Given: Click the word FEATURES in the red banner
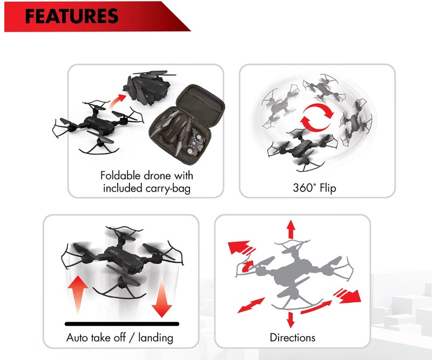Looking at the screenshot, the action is coord(72,16).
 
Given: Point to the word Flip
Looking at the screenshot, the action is coord(328,188).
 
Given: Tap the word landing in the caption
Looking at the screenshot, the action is coord(156,338).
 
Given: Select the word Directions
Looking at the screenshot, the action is coord(292,338).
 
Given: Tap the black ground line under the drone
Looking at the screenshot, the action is coord(122,324).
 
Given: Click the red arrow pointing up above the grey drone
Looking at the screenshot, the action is coord(291,229).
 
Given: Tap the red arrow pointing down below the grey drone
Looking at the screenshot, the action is coord(291,320).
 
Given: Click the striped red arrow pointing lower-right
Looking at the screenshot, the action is coord(348,296).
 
